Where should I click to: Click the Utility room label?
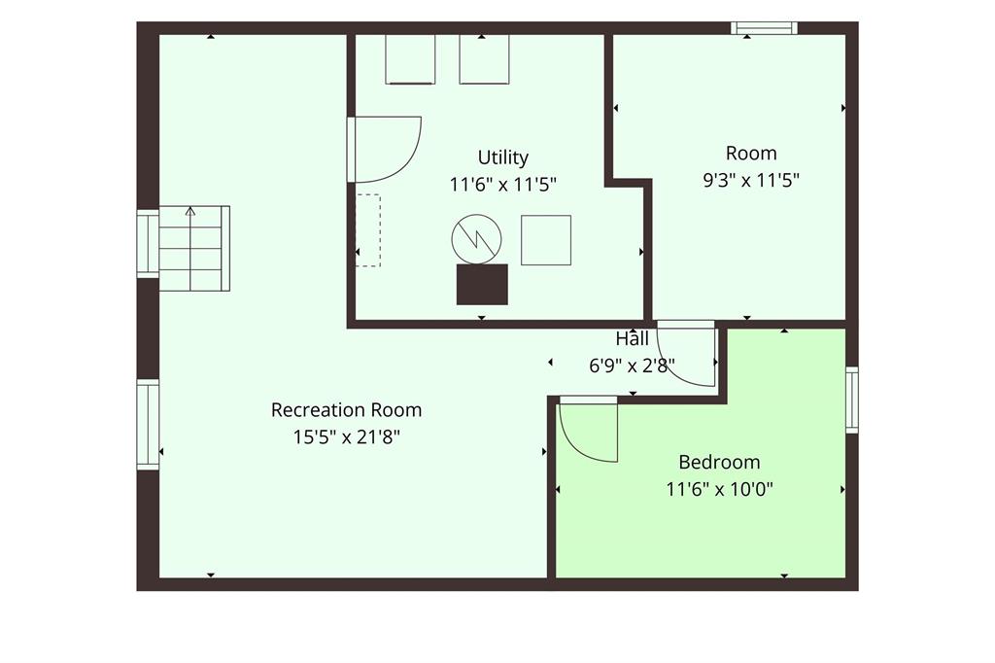point(502,157)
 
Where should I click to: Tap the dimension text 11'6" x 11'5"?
point(502,185)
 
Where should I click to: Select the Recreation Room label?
point(346,409)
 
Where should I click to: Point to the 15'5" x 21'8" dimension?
point(346,436)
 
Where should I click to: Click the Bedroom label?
point(719,462)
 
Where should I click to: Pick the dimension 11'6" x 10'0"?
point(719,489)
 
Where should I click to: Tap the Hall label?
point(632,338)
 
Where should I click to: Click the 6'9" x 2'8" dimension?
point(632,366)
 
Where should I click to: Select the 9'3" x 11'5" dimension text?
point(751,181)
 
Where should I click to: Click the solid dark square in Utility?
point(482,285)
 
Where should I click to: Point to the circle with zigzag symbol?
point(476,239)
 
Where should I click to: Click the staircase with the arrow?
point(193,248)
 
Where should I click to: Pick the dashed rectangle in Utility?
point(368,230)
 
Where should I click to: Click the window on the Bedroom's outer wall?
point(851,401)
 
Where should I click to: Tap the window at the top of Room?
point(764,28)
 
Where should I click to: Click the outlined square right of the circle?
point(546,240)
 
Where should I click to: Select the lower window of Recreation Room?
point(148,425)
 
